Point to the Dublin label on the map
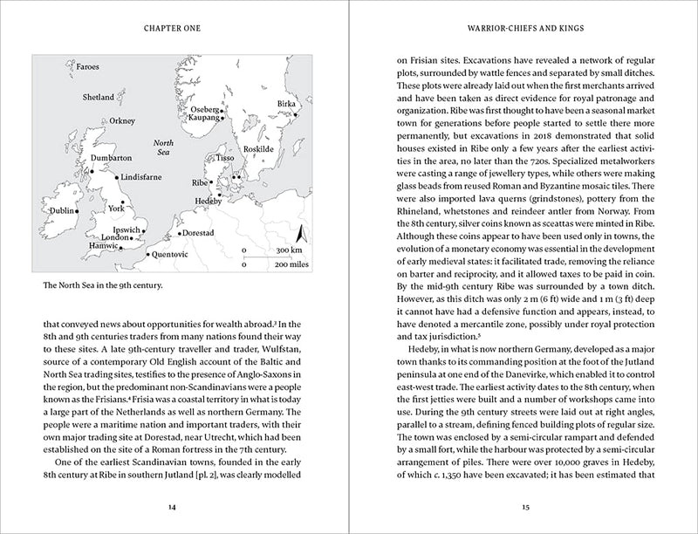click(62, 211)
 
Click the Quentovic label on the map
click(169, 255)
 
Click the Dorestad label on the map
click(198, 234)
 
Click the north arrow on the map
click(299, 234)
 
